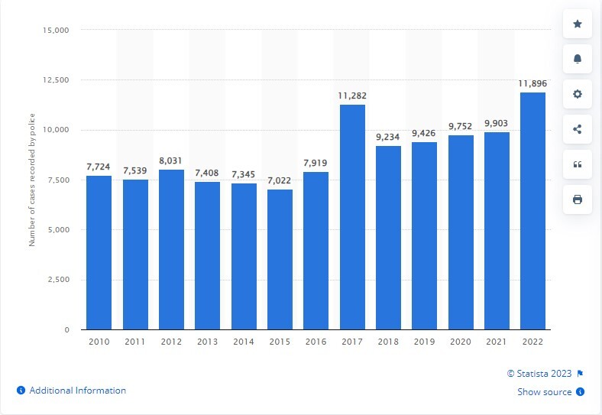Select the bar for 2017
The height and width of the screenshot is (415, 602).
pyautogui.click(x=352, y=217)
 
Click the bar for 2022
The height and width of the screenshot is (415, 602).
pyautogui.click(x=532, y=211)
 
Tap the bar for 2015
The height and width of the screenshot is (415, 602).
pyautogui.click(x=280, y=259)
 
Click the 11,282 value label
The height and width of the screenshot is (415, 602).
pyautogui.click(x=352, y=96)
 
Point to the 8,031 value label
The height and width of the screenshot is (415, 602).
pyautogui.click(x=171, y=161)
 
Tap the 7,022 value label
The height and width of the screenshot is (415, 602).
pyautogui.click(x=280, y=181)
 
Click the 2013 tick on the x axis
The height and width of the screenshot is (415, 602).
pyautogui.click(x=207, y=343)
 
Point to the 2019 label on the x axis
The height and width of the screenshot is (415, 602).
pyautogui.click(x=424, y=343)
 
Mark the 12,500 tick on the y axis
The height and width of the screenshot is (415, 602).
pyautogui.click(x=54, y=80)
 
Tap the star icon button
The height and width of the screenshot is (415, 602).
pyautogui.click(x=578, y=24)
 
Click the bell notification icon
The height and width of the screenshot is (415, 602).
pyautogui.click(x=578, y=60)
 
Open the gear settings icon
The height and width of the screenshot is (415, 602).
pyautogui.click(x=578, y=94)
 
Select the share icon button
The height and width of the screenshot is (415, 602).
pyautogui.click(x=578, y=129)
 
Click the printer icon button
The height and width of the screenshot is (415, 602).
pyautogui.click(x=578, y=199)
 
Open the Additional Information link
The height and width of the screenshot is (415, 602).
pyautogui.click(x=77, y=391)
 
